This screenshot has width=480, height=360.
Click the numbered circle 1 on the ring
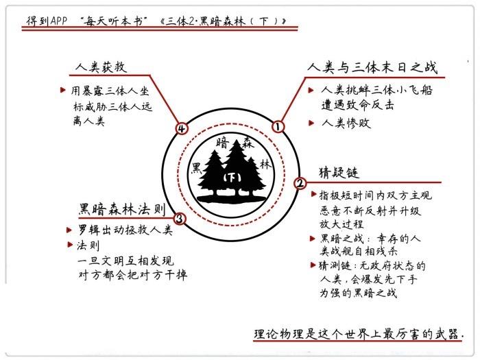tap(278, 126)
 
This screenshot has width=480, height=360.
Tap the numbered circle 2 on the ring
tap(300, 183)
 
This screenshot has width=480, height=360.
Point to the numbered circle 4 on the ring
tap(182, 128)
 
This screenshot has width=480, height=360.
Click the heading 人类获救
tap(101, 67)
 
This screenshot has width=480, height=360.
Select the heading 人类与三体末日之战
tap(373, 68)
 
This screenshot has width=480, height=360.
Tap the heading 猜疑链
tap(339, 171)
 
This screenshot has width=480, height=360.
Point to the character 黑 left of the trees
tap(196, 167)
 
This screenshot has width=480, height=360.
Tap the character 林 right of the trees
tap(265, 165)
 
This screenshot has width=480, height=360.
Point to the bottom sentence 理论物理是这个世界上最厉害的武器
tap(358, 334)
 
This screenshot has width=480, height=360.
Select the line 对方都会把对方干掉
tap(132, 275)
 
